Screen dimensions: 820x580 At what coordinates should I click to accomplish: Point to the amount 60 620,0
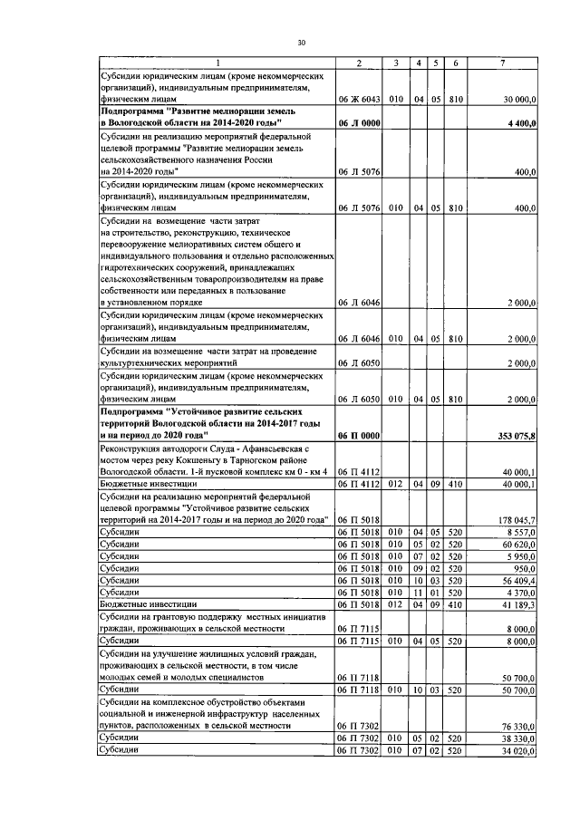(519, 545)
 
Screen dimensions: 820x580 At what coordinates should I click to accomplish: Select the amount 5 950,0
(521, 556)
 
